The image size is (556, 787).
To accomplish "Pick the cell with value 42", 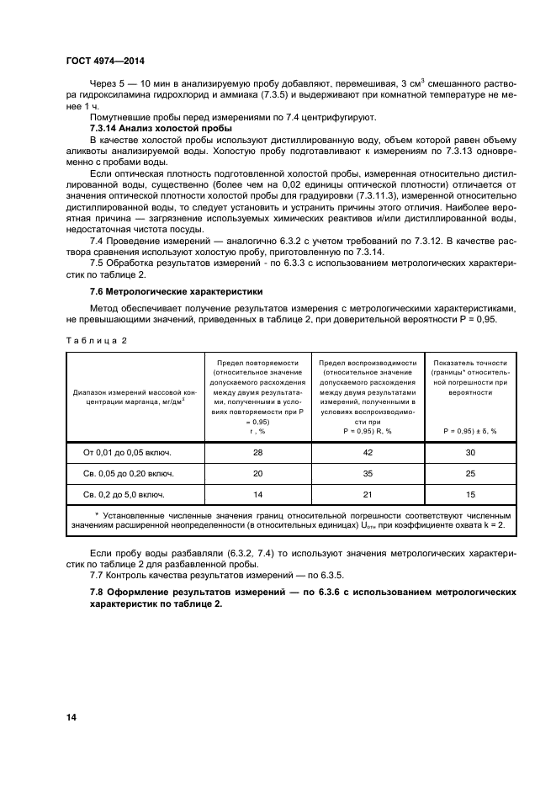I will pyautogui.click(x=368, y=452).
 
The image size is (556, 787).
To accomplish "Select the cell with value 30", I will pyautogui.click(x=470, y=452).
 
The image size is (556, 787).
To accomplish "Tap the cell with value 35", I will pyautogui.click(x=368, y=473).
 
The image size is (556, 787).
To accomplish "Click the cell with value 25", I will pyautogui.click(x=470, y=473).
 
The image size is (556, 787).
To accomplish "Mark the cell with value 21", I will pyautogui.click(x=368, y=494).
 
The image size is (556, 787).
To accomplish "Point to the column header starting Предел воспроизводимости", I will pyautogui.click(x=368, y=395).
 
